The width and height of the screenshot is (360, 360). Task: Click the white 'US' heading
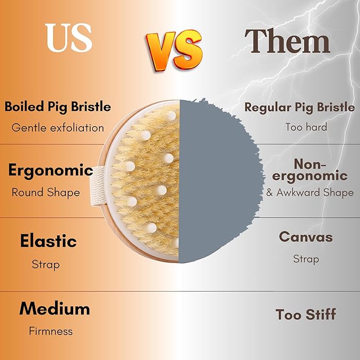point(69,38)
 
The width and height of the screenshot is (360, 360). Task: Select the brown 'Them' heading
point(287,41)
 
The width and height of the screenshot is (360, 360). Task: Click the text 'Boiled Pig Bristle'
point(58,107)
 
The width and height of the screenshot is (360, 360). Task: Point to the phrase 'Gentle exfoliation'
point(58,128)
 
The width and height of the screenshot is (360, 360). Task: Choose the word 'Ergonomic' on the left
point(51,171)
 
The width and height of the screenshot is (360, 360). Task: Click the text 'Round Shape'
point(46,192)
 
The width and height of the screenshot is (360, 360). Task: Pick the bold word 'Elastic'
point(48,241)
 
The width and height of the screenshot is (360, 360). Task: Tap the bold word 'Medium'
point(55,309)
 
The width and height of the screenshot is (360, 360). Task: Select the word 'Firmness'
point(51,331)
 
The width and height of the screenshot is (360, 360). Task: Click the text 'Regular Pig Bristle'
point(300,108)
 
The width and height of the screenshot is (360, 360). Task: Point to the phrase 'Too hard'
point(306,127)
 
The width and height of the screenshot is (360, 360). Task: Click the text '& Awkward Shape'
point(310,192)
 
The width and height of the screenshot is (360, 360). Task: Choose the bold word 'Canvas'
point(306,237)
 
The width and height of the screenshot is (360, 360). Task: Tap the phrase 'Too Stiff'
point(305,314)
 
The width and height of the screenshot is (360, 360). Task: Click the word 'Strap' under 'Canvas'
point(306,259)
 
